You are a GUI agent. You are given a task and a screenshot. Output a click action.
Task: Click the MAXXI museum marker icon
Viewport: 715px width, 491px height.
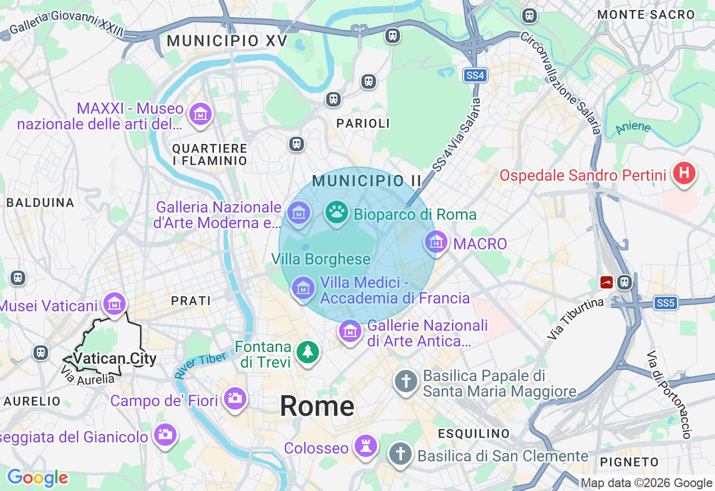tap(200, 114)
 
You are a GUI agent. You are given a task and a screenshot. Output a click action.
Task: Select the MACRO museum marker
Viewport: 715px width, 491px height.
tap(436, 242)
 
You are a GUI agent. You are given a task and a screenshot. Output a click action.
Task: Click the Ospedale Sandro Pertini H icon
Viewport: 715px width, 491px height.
tap(684, 174)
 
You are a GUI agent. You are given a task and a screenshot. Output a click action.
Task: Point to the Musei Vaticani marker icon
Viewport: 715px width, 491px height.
tap(115, 304)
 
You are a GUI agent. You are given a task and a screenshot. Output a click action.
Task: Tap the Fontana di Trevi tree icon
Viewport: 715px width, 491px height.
tap(307, 352)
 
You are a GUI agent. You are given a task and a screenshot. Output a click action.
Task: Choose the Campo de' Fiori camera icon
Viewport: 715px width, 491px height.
tap(235, 398)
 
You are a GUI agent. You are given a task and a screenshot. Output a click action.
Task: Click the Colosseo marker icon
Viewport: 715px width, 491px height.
tap(366, 446)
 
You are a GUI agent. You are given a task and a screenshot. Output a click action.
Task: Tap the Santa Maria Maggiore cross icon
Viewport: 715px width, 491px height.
tap(406, 382)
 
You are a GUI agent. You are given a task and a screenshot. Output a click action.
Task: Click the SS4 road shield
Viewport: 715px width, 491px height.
tap(475, 75)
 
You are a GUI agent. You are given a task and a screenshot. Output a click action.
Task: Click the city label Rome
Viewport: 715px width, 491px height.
tap(317, 406)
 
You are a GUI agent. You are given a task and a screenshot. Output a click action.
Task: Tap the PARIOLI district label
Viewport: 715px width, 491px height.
tap(363, 123)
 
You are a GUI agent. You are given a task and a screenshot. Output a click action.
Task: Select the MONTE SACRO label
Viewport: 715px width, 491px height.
tap(646, 15)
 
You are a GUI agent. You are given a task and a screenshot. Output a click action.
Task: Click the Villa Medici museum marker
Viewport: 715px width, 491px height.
tap(303, 288)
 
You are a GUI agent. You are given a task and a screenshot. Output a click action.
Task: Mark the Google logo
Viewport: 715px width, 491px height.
tap(37, 478)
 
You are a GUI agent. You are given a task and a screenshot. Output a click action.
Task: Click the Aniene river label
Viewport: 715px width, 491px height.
tap(633, 128)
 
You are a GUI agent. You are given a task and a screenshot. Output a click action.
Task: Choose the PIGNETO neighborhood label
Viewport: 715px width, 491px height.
tap(630, 461)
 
